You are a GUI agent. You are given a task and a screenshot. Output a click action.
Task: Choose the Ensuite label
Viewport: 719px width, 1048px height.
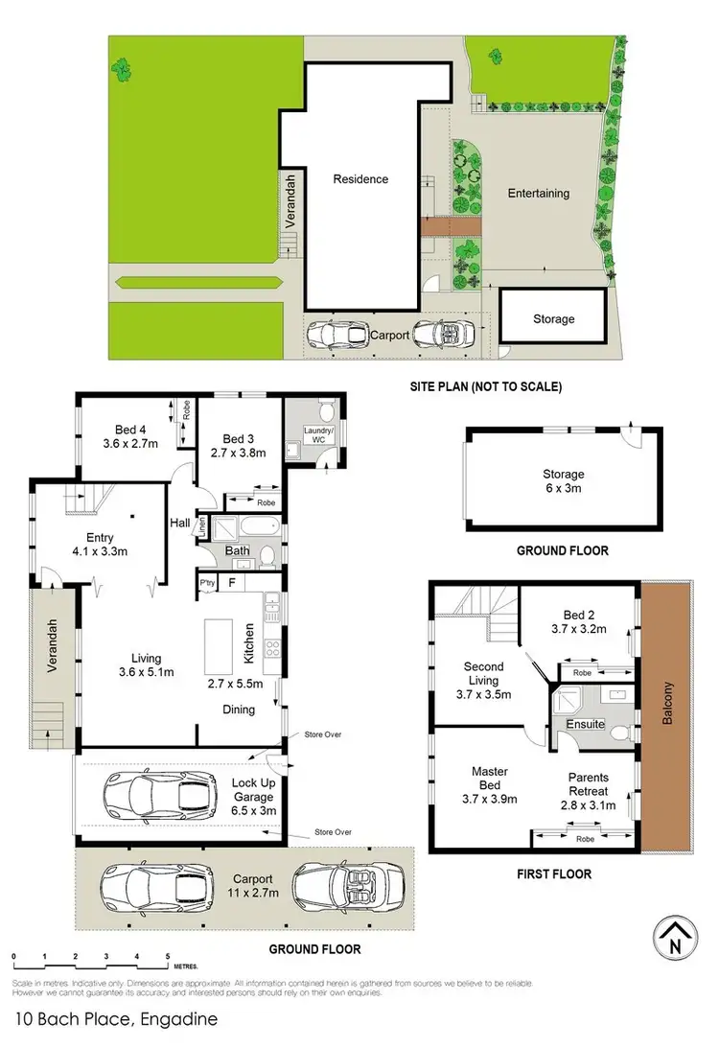coord(584,724)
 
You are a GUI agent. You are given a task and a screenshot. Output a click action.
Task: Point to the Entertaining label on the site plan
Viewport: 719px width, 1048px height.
coord(538,193)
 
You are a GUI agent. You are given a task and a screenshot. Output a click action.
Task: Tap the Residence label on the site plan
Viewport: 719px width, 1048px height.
coord(360,178)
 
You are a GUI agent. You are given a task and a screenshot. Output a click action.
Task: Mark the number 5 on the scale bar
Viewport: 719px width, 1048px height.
coord(167,957)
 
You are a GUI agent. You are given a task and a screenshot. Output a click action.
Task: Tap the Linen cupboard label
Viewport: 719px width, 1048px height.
coord(201,527)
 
